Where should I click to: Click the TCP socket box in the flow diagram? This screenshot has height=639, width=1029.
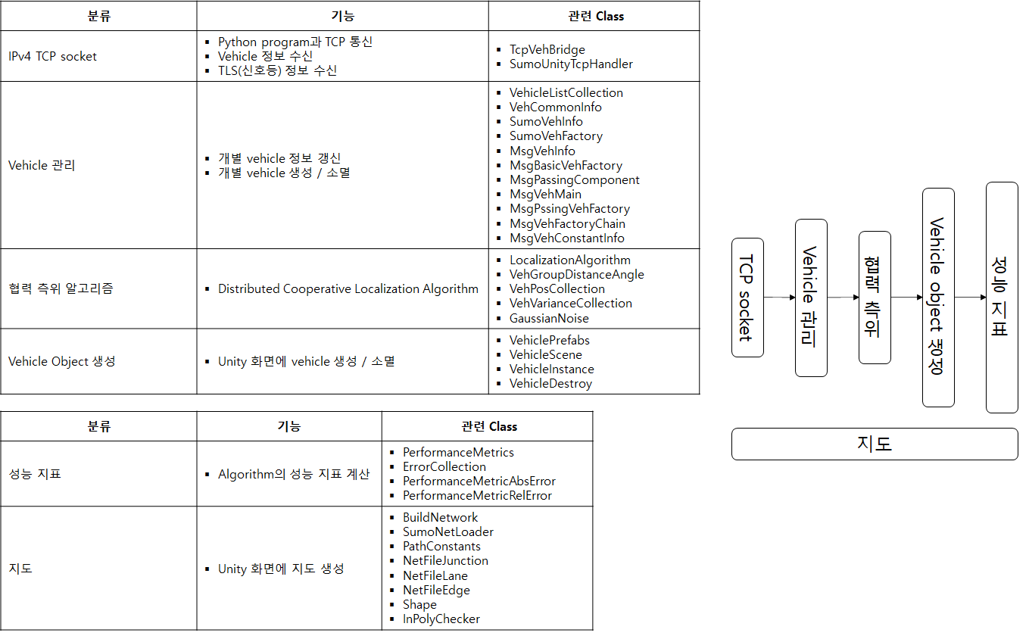[x=747, y=298]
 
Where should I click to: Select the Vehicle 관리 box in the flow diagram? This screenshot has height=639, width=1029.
[x=811, y=298]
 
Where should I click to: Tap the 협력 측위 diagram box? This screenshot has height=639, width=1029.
[x=875, y=298]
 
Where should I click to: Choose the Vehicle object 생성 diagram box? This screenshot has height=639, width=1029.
[x=938, y=298]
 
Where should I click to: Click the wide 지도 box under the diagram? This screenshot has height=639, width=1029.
[x=875, y=444]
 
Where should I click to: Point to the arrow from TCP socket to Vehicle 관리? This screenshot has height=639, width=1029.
[x=780, y=298]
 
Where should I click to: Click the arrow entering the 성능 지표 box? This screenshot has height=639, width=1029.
[x=971, y=298]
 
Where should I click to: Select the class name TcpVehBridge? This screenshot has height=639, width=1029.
[x=547, y=49]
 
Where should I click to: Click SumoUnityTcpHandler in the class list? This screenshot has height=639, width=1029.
[x=571, y=64]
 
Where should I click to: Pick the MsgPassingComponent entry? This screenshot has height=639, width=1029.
[x=574, y=179]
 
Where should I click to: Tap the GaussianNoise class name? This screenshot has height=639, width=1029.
[x=549, y=318]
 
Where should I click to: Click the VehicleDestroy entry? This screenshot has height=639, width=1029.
[x=550, y=384]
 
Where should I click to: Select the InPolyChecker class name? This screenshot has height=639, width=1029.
[x=441, y=619]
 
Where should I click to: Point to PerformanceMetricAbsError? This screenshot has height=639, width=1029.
[x=479, y=481]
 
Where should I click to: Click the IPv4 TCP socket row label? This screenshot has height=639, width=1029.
[x=52, y=56]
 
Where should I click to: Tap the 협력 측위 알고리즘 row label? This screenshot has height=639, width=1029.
[x=61, y=288]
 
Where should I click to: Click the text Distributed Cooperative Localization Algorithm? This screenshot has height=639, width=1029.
[x=348, y=288]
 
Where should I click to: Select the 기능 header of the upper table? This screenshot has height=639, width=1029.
[x=343, y=16]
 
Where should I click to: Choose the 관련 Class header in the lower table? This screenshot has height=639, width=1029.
[x=489, y=426]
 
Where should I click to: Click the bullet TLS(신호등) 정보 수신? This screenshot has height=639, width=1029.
[x=277, y=70]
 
